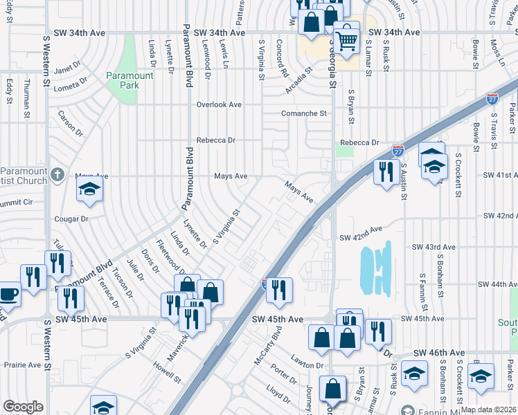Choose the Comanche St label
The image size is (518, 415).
pyautogui.click(x=303, y=113)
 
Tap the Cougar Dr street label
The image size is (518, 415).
pyautogui.click(x=73, y=219)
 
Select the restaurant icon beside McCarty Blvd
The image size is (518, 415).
pyautogui.click(x=279, y=290)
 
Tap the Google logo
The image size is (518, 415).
pyautogui.click(x=23, y=407)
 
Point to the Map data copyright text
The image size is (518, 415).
pyautogui.click(x=489, y=409)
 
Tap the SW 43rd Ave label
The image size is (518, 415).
pyautogui.click(x=434, y=247)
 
